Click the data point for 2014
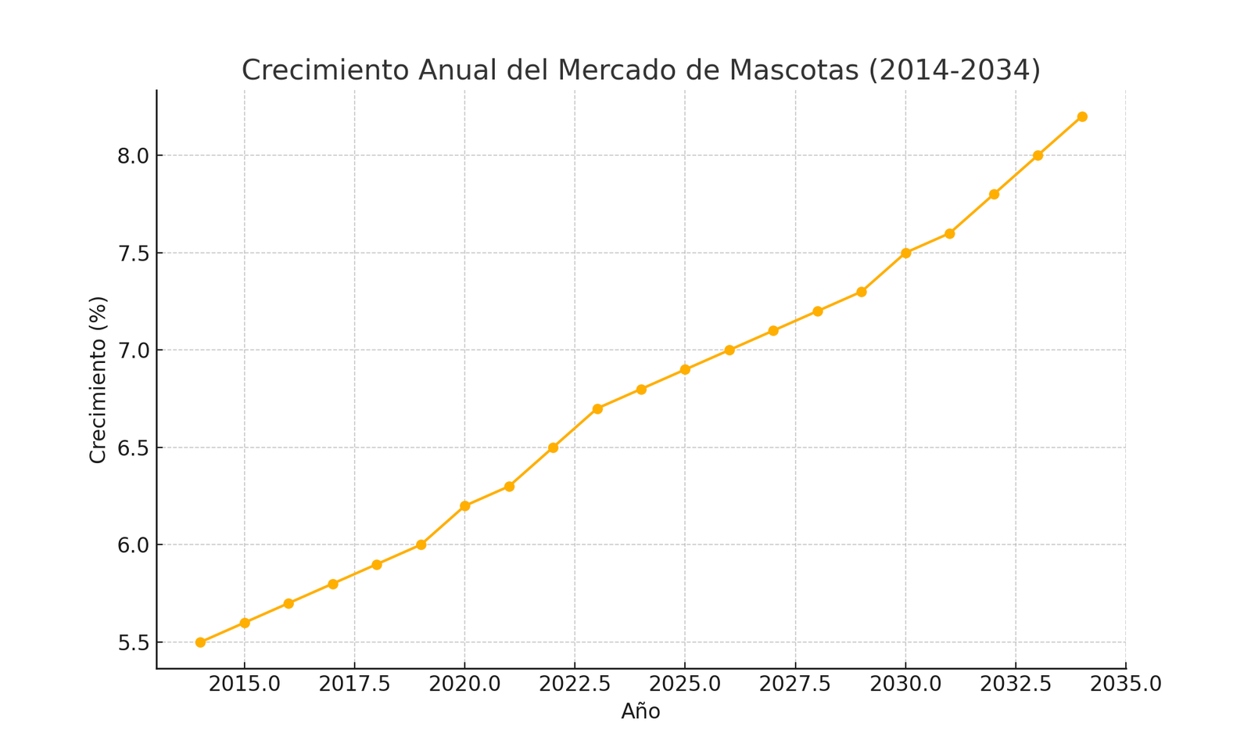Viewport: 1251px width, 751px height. click(x=200, y=642)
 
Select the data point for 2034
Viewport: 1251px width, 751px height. click(x=1082, y=117)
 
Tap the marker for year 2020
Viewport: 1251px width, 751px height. click(x=465, y=506)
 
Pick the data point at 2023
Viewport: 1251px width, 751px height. click(x=597, y=408)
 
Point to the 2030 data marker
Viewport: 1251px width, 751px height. click(x=906, y=253)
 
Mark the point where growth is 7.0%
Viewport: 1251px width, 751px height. click(x=729, y=350)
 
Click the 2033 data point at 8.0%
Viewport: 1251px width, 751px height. click(x=1038, y=156)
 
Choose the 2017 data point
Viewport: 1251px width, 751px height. click(x=333, y=584)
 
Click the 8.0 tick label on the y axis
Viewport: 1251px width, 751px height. click(x=134, y=156)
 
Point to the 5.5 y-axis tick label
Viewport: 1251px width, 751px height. click(x=134, y=643)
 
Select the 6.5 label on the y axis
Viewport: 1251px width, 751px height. click(x=134, y=448)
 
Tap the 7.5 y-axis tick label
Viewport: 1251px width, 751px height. click(x=134, y=253)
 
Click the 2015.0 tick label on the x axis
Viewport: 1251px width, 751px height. click(x=245, y=684)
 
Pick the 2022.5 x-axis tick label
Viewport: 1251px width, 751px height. click(x=575, y=684)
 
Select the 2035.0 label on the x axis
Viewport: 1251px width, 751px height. click(x=1126, y=684)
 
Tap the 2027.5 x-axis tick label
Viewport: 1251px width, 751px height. click(x=795, y=684)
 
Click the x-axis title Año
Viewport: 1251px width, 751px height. click(x=640, y=712)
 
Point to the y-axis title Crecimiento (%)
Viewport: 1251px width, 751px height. click(x=98, y=379)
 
